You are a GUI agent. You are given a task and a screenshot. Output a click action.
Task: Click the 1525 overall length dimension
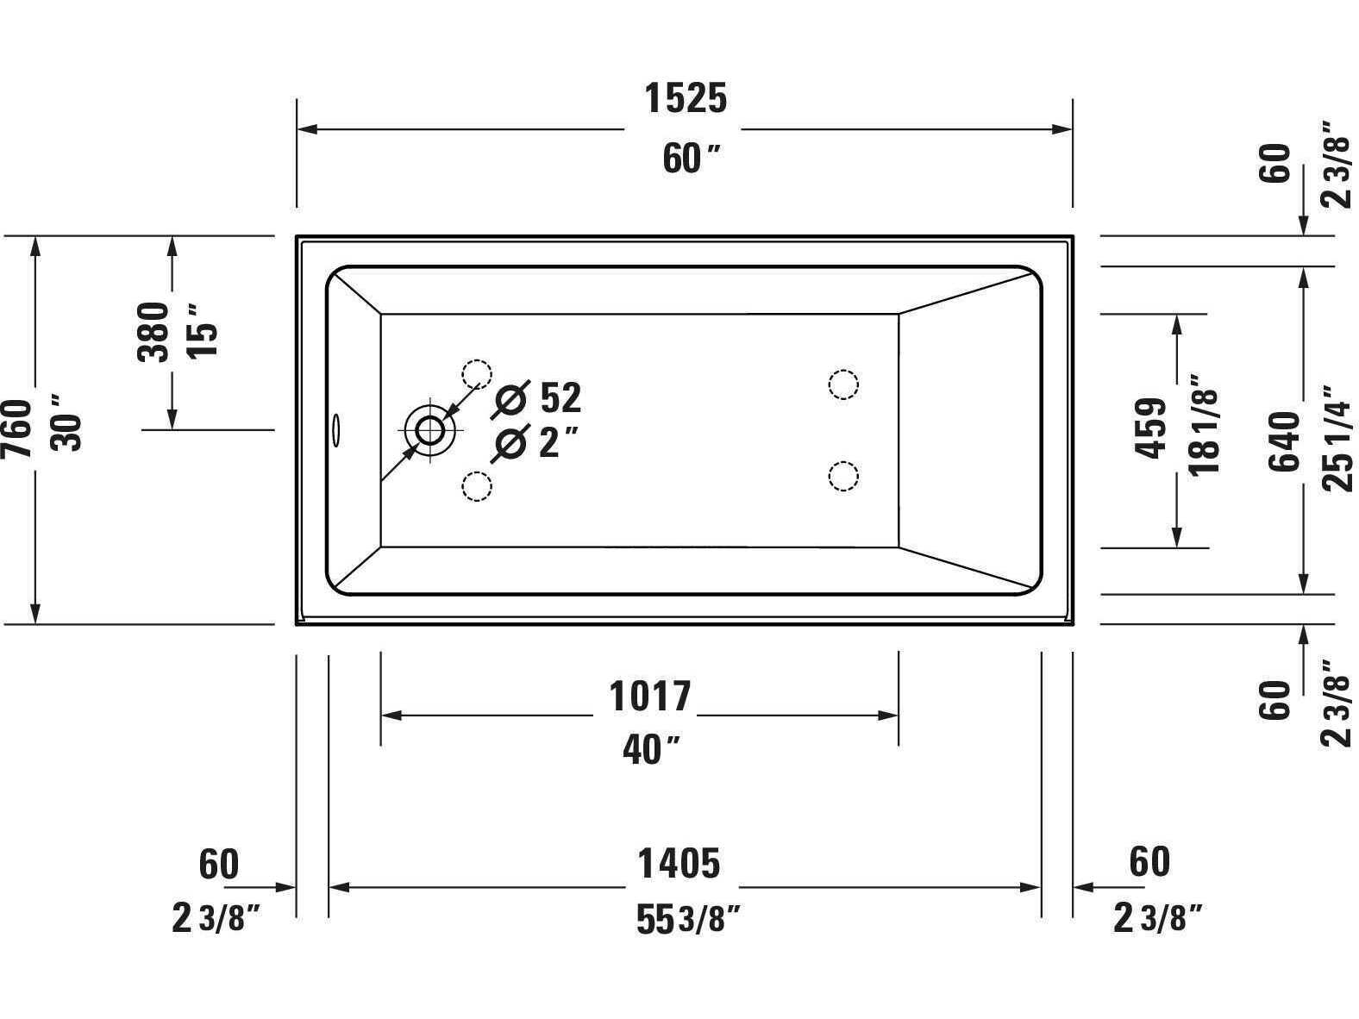click(x=686, y=98)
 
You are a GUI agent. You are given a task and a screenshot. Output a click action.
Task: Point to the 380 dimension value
click(x=154, y=332)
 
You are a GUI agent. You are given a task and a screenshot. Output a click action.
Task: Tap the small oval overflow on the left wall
click(x=336, y=428)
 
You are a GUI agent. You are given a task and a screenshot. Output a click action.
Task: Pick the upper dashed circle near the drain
click(x=476, y=373)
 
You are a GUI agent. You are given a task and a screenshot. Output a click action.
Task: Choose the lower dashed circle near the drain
click(x=476, y=486)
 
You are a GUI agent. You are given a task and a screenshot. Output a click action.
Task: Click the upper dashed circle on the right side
click(x=842, y=384)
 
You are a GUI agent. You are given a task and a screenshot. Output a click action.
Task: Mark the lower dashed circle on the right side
click(x=842, y=476)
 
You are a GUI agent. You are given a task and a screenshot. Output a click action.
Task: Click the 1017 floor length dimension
click(x=650, y=696)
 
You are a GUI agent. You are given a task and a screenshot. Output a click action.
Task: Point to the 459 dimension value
click(x=1151, y=428)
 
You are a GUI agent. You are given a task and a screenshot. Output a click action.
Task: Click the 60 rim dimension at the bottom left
click(x=218, y=863)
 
